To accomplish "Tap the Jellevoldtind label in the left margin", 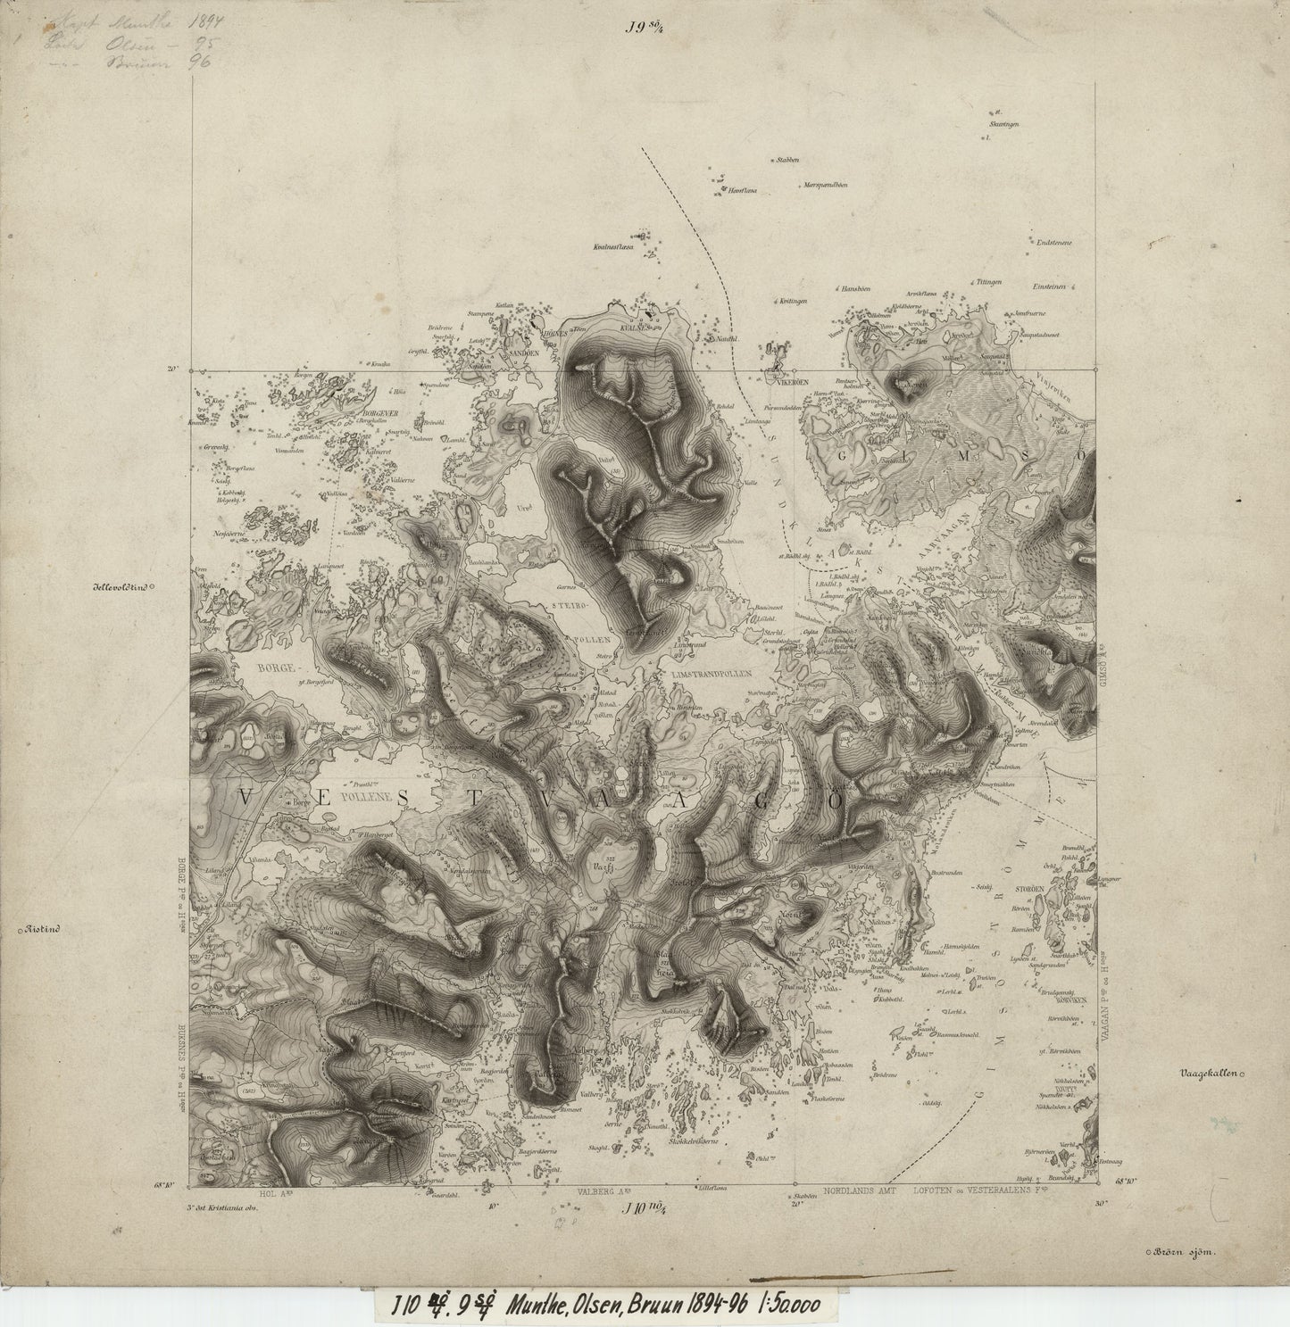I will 120,587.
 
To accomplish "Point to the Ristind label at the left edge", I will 43,929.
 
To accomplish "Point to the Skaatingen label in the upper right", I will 1005,124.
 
